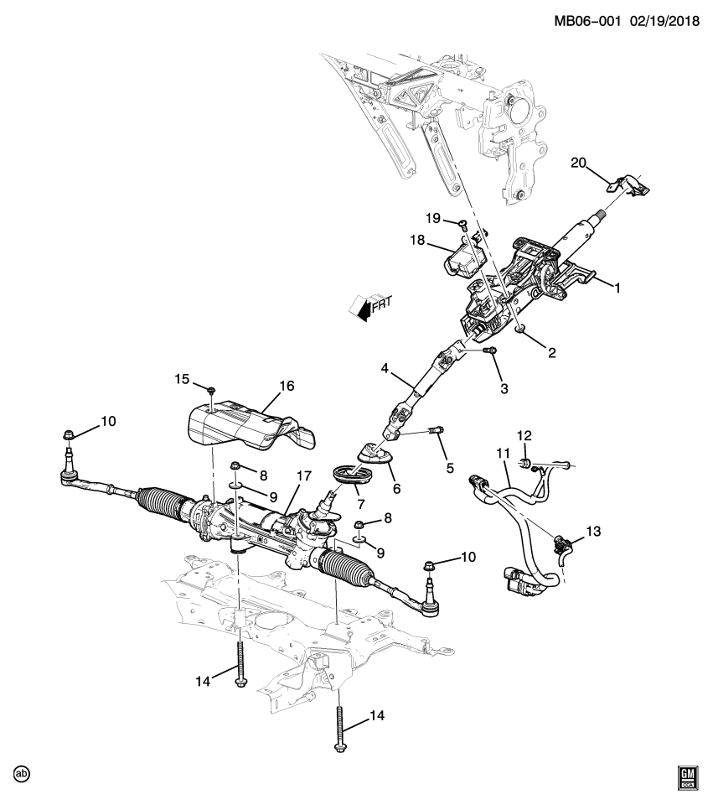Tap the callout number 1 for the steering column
point(617,288)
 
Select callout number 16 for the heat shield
point(287,387)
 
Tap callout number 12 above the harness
point(524,435)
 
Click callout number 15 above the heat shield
point(183,380)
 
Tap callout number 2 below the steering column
point(551,353)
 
